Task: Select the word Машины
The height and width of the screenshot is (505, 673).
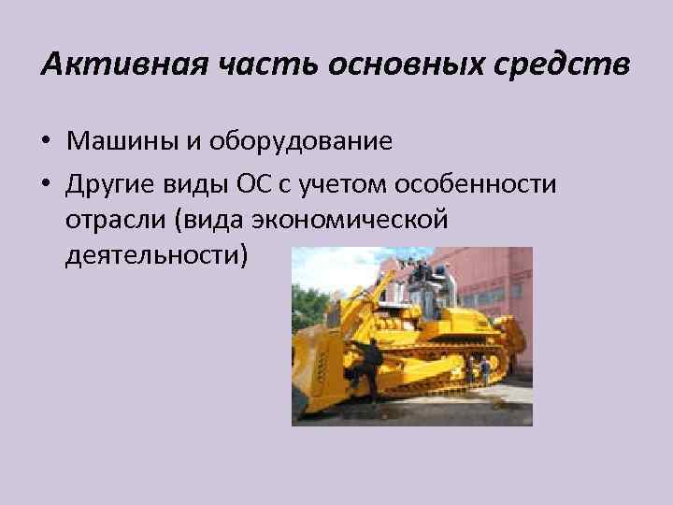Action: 116,141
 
